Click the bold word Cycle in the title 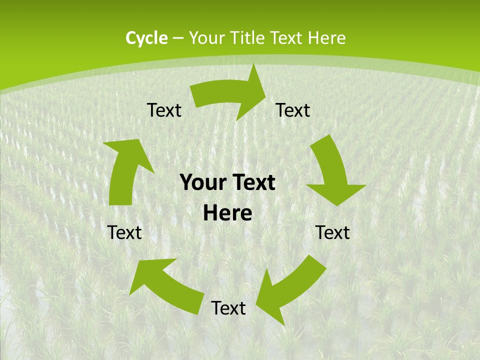(146, 38)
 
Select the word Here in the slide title (327, 38)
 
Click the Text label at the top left (164, 110)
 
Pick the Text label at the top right (293, 110)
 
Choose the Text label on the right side (332, 232)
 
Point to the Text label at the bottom (228, 308)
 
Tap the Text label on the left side (124, 232)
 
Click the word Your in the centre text (201, 183)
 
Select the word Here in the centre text (227, 213)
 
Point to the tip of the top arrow (265, 93)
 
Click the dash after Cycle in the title (178, 38)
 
